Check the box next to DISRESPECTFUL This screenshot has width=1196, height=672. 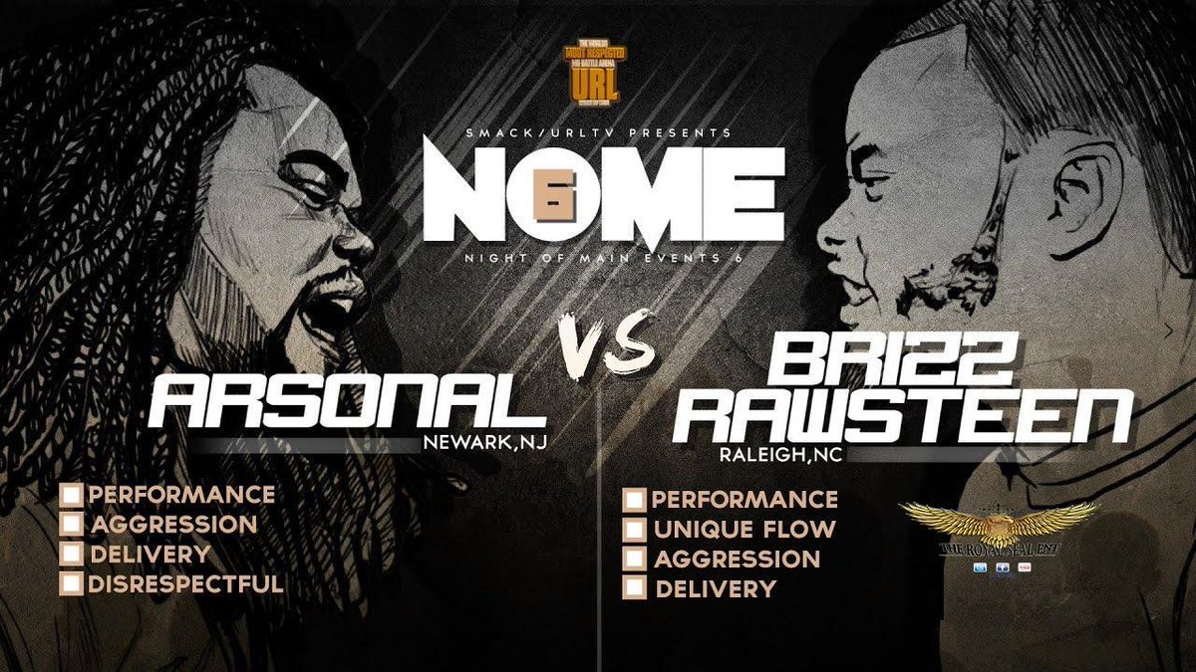pyautogui.click(x=71, y=584)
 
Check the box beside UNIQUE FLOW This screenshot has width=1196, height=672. pyautogui.click(x=634, y=530)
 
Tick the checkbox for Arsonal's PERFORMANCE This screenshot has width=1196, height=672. pyautogui.click(x=71, y=495)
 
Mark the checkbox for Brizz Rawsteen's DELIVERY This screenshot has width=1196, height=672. pyautogui.click(x=634, y=589)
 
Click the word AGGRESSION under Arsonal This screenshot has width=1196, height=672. pyautogui.click(x=171, y=525)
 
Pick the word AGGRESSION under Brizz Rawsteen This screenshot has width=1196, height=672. pyautogui.click(x=737, y=560)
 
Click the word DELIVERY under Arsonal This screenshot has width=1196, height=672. pyautogui.click(x=149, y=555)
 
